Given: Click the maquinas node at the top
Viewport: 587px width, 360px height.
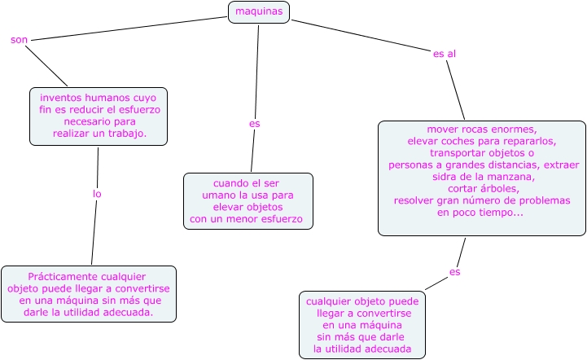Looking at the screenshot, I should pos(259,12).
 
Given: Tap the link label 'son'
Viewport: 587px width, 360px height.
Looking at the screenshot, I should pos(19,40).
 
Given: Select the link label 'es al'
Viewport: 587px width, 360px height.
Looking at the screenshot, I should pos(444,54).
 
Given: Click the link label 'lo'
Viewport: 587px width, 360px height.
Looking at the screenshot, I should pos(97,194).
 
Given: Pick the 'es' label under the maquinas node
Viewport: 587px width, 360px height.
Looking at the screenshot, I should pos(254,124).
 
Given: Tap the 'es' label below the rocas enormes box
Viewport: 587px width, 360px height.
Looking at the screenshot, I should pos(454,272).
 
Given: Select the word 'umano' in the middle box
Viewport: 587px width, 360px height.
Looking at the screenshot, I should pos(217,195).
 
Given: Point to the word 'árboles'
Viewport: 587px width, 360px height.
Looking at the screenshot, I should pos(500,189).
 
